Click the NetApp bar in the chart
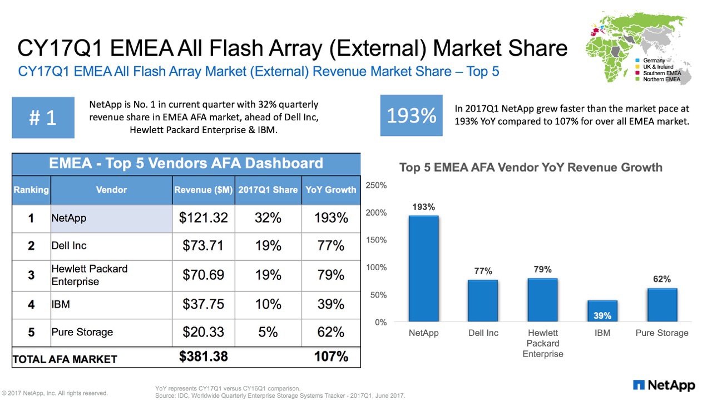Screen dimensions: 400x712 [423, 269]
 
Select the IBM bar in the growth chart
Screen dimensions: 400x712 [602, 311]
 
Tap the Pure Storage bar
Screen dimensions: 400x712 [662, 305]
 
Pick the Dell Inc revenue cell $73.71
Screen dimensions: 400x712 [204, 246]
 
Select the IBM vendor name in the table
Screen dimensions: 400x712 [61, 304]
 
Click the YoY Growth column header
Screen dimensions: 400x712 [331, 190]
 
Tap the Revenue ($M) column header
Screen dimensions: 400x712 [204, 190]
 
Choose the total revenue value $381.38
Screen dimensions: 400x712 [204, 357]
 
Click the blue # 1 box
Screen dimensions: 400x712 [43, 118]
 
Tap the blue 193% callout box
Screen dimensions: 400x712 [411, 115]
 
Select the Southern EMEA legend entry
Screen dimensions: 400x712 [661, 73]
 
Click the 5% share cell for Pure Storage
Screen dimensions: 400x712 [268, 332]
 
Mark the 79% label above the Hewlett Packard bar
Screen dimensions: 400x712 [542, 270]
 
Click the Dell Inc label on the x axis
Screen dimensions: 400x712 [483, 333]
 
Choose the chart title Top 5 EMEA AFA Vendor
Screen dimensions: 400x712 [531, 168]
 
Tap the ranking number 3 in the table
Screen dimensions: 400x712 [31, 275]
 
